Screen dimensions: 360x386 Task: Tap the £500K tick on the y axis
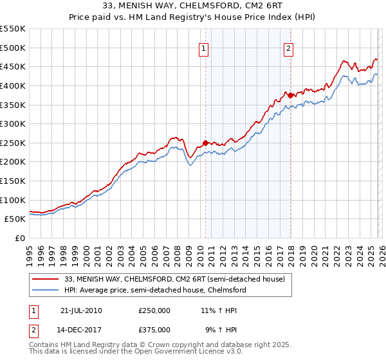[13, 48]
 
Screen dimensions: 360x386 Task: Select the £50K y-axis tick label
[15, 219]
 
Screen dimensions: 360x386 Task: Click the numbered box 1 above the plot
[204, 48]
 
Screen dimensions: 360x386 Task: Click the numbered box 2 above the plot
[289, 48]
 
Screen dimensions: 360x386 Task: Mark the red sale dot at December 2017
[290, 95]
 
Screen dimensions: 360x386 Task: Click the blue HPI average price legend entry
[155, 290]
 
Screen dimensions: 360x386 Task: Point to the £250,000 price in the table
[154, 310]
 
